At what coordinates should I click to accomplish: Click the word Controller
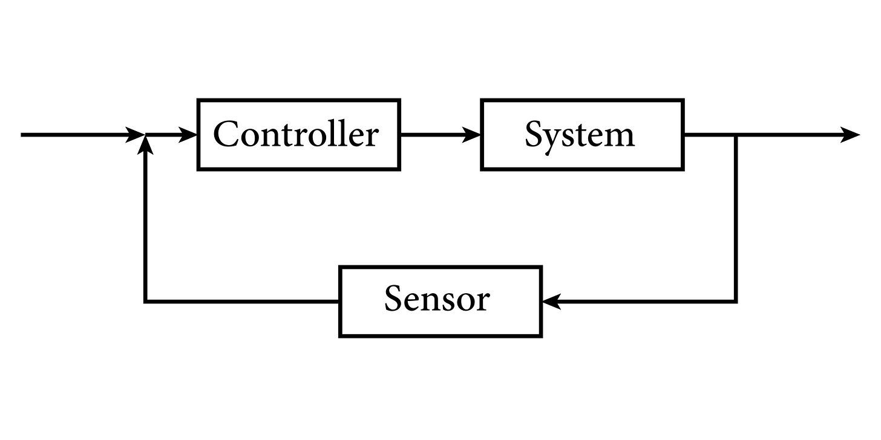click(296, 134)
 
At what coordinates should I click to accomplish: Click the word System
click(580, 134)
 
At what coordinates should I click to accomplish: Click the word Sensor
click(437, 299)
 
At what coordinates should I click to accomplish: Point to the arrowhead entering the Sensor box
click(551, 301)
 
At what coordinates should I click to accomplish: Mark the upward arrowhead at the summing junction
click(145, 144)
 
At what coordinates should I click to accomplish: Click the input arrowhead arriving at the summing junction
click(136, 135)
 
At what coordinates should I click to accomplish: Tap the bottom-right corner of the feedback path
click(736, 301)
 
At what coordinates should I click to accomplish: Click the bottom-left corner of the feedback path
click(145, 301)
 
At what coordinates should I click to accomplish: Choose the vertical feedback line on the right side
click(736, 218)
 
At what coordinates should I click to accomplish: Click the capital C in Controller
click(225, 134)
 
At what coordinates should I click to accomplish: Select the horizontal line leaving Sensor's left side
click(242, 301)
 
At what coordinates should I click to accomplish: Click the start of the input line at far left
click(23, 135)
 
